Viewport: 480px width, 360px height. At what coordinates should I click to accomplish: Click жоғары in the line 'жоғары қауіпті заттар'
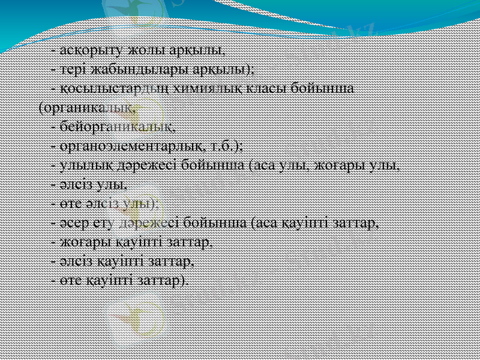tap(81, 242)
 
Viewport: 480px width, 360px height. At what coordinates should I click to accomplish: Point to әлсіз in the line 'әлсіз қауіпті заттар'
tap(73, 262)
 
